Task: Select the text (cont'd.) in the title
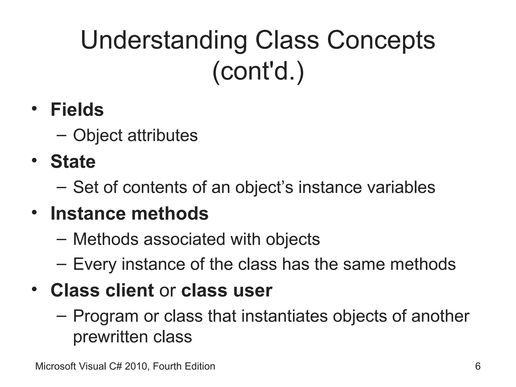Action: [258, 72]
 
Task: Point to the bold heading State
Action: [73, 162]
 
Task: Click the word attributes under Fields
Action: [163, 135]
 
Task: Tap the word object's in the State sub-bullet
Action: [264, 188]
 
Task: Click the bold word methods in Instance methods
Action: [170, 213]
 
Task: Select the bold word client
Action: [130, 290]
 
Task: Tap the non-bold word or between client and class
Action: [167, 291]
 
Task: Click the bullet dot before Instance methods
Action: [35, 212]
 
